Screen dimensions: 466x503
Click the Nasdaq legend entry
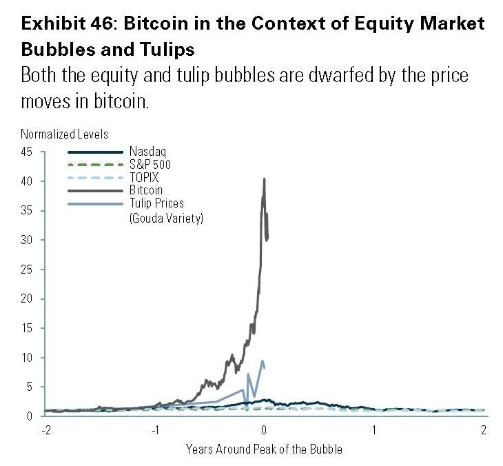(143, 152)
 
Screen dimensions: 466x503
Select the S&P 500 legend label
(150, 164)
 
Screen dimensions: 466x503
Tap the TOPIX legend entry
(141, 176)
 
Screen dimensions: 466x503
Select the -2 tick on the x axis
(45, 430)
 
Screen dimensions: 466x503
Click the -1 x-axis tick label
(154, 430)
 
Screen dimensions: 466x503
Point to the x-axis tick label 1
(374, 430)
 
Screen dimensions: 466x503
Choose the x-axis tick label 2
(484, 430)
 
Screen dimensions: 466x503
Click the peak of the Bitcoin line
(264, 179)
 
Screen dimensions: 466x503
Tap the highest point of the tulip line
(262, 360)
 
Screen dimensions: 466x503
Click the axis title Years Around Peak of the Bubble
(264, 449)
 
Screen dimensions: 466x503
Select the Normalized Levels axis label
(65, 134)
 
